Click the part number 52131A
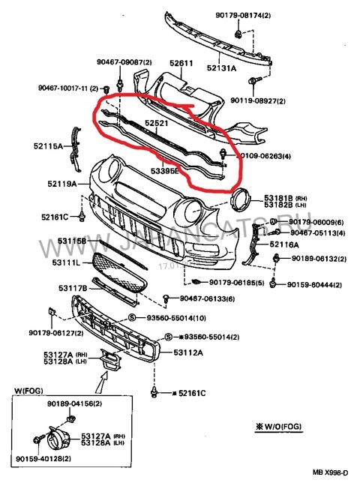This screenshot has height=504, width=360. pyautogui.click(x=222, y=68)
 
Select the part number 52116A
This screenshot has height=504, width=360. pyautogui.click(x=284, y=244)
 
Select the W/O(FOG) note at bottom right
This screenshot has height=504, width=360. pyautogui.click(x=281, y=427)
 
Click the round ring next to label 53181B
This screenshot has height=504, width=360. pyautogui.click(x=241, y=199)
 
